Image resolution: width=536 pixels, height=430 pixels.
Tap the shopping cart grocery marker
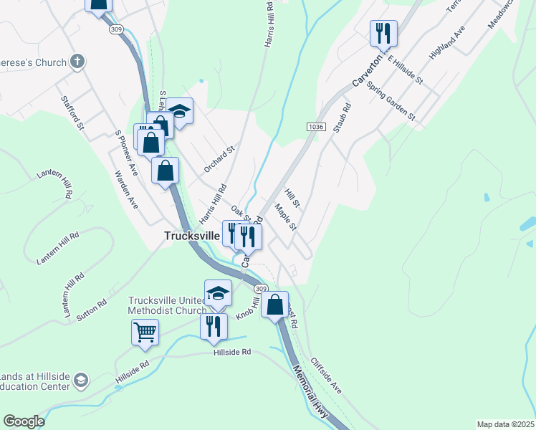[x=145, y=333]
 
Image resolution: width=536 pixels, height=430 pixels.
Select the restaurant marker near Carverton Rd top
[x=383, y=32]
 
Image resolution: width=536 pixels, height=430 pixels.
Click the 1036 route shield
[x=318, y=127]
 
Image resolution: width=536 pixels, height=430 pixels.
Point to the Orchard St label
[x=219, y=160]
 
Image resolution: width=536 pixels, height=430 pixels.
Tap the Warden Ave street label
[x=126, y=188]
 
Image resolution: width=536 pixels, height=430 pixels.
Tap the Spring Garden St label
[x=391, y=100]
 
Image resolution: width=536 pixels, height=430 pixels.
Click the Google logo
[x=24, y=421]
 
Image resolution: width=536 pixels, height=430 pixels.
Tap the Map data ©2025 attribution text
[x=505, y=424]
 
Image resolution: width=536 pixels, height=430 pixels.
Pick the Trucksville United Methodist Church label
[x=167, y=305]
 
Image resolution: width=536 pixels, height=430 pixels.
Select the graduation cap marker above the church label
[x=218, y=292]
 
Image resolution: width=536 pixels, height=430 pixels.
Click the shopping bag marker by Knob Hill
[x=274, y=305]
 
